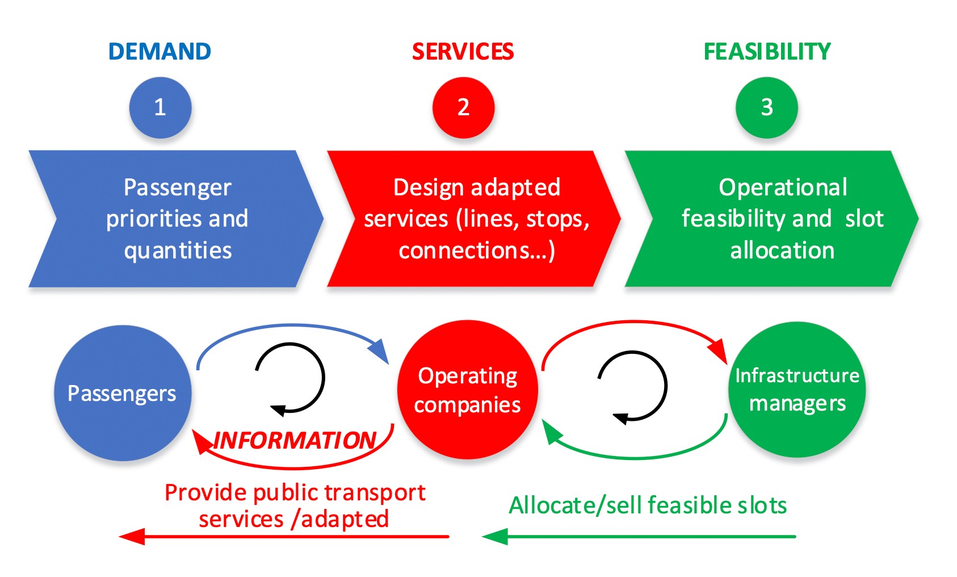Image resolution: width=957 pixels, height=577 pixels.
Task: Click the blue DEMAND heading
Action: (159, 52)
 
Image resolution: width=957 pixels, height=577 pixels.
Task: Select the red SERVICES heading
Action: (463, 52)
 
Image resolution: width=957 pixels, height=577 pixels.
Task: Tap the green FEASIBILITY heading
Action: (767, 52)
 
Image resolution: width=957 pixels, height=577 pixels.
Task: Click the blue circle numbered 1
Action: (160, 107)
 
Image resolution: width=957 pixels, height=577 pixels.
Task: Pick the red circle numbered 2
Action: (463, 107)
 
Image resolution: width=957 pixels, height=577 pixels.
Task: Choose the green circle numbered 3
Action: (766, 107)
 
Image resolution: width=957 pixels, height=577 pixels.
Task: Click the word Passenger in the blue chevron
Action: (177, 187)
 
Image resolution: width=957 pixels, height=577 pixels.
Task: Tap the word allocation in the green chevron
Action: (782, 250)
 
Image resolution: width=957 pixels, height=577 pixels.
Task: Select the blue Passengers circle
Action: (122, 393)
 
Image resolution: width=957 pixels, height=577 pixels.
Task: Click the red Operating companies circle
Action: (467, 390)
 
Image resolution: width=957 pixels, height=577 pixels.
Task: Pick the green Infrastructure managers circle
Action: (797, 390)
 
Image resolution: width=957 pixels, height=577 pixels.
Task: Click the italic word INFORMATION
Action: (295, 440)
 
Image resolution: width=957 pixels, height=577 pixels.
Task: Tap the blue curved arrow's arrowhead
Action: (379, 351)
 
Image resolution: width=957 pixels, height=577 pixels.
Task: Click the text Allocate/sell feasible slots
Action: (648, 505)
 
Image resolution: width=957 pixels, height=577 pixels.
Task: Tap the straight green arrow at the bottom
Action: (639, 536)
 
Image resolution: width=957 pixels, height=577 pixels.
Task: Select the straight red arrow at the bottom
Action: (284, 536)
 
